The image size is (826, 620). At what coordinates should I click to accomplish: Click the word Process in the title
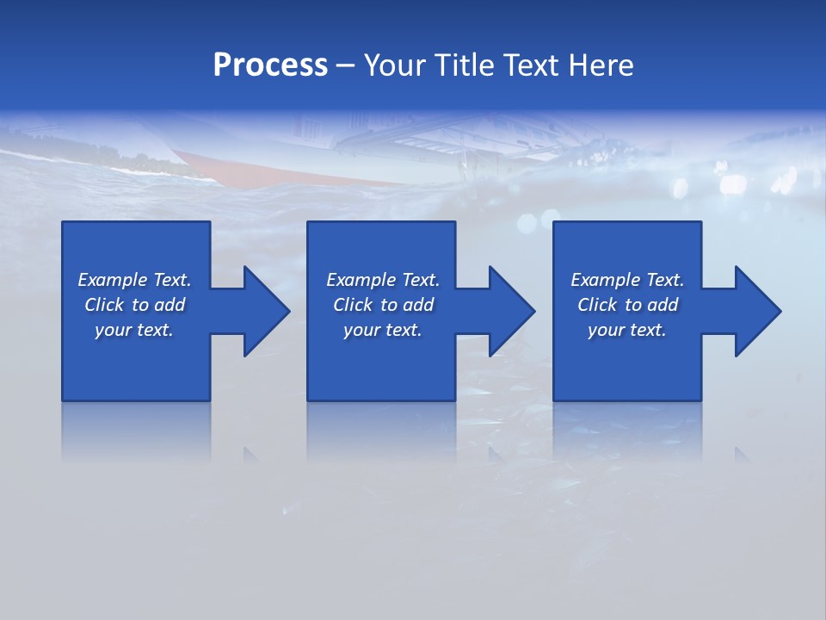click(x=270, y=65)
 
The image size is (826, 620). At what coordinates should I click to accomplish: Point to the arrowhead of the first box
click(x=267, y=311)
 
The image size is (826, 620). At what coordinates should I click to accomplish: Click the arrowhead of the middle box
click(x=512, y=311)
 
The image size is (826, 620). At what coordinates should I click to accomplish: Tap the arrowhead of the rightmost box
click(x=758, y=311)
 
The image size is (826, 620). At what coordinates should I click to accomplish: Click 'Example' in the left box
click(x=112, y=280)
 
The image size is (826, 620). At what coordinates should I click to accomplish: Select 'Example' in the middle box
click(x=361, y=280)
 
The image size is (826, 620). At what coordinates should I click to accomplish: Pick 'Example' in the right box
click(x=605, y=280)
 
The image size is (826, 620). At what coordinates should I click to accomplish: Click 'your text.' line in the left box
click(x=134, y=330)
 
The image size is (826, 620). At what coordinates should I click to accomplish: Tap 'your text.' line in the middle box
click(x=382, y=330)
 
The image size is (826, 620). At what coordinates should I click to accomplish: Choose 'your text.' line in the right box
click(x=627, y=330)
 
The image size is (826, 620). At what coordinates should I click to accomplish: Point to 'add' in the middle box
click(x=418, y=305)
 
